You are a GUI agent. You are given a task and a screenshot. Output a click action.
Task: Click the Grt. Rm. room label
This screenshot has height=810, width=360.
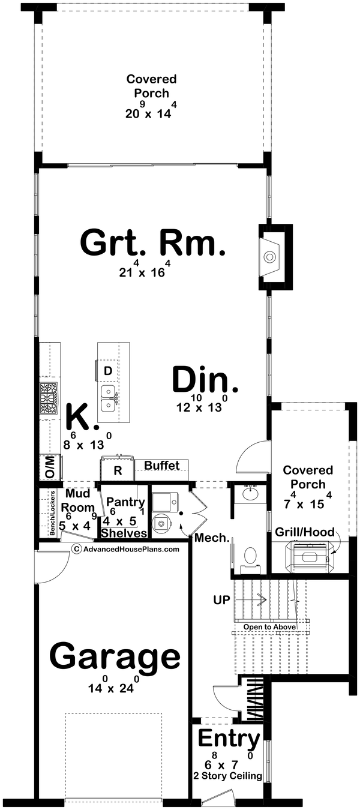[x=152, y=244]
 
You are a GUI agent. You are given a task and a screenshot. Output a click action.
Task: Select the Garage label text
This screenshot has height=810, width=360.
[x=115, y=657]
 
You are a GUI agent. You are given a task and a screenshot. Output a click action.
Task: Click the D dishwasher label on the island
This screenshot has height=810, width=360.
[x=108, y=371]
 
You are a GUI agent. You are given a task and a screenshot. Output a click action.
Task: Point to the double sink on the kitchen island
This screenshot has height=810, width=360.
[x=109, y=397]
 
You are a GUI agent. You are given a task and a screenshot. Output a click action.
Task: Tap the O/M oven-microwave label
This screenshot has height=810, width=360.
[x=48, y=467]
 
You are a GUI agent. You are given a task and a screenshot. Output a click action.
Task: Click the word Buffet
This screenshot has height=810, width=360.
[x=161, y=466]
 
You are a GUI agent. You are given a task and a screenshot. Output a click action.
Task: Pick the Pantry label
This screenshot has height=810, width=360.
[x=125, y=502]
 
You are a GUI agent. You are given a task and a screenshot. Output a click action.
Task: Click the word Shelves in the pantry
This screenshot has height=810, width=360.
[x=124, y=533]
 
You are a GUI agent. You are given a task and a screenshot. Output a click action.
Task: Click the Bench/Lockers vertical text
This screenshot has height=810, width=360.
[x=53, y=514]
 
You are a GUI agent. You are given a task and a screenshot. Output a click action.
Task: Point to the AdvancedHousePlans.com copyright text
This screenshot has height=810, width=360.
[x=125, y=548]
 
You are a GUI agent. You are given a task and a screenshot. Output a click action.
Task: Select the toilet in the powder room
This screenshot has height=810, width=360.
[x=250, y=556]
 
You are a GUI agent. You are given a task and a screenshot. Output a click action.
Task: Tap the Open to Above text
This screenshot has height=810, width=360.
[x=269, y=627]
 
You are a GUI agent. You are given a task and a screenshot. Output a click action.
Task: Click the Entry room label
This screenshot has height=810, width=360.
[x=229, y=737]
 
